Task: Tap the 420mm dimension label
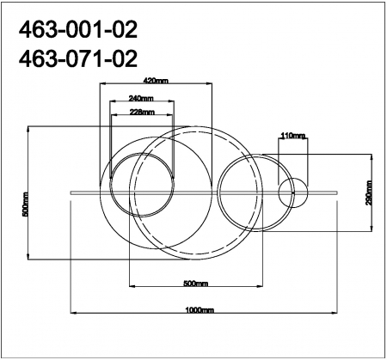tap(156, 80)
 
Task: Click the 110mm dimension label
tap(293, 136)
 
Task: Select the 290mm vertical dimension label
tap(367, 197)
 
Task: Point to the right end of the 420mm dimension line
tap(212, 84)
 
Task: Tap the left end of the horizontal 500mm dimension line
tap(129, 287)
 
